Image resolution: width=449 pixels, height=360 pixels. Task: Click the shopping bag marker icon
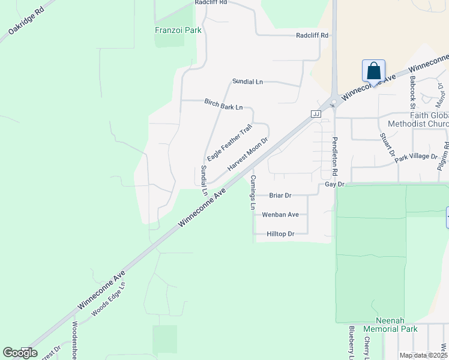click(373, 71)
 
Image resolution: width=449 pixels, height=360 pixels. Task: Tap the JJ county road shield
click(316, 113)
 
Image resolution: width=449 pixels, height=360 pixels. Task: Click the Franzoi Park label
click(178, 30)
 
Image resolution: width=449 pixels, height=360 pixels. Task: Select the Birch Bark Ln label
click(223, 104)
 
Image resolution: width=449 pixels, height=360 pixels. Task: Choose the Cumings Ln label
click(253, 193)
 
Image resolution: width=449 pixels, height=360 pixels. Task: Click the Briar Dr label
click(280, 195)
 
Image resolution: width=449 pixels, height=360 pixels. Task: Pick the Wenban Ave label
click(280, 214)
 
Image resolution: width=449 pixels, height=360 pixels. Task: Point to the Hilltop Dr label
click(280, 233)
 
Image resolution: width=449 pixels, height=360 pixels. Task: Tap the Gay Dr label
click(334, 184)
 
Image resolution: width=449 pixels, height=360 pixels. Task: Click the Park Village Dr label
click(416, 157)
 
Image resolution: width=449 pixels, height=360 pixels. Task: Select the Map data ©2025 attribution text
click(423, 355)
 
